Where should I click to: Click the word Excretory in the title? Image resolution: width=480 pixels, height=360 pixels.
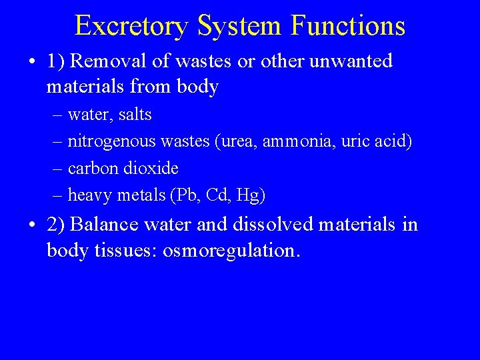131,26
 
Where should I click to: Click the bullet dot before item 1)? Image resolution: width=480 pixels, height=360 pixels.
32,62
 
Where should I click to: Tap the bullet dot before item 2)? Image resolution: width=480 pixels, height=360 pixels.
32,225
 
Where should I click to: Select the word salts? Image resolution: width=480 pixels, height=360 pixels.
135,115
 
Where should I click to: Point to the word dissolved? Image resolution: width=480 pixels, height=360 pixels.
273,225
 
